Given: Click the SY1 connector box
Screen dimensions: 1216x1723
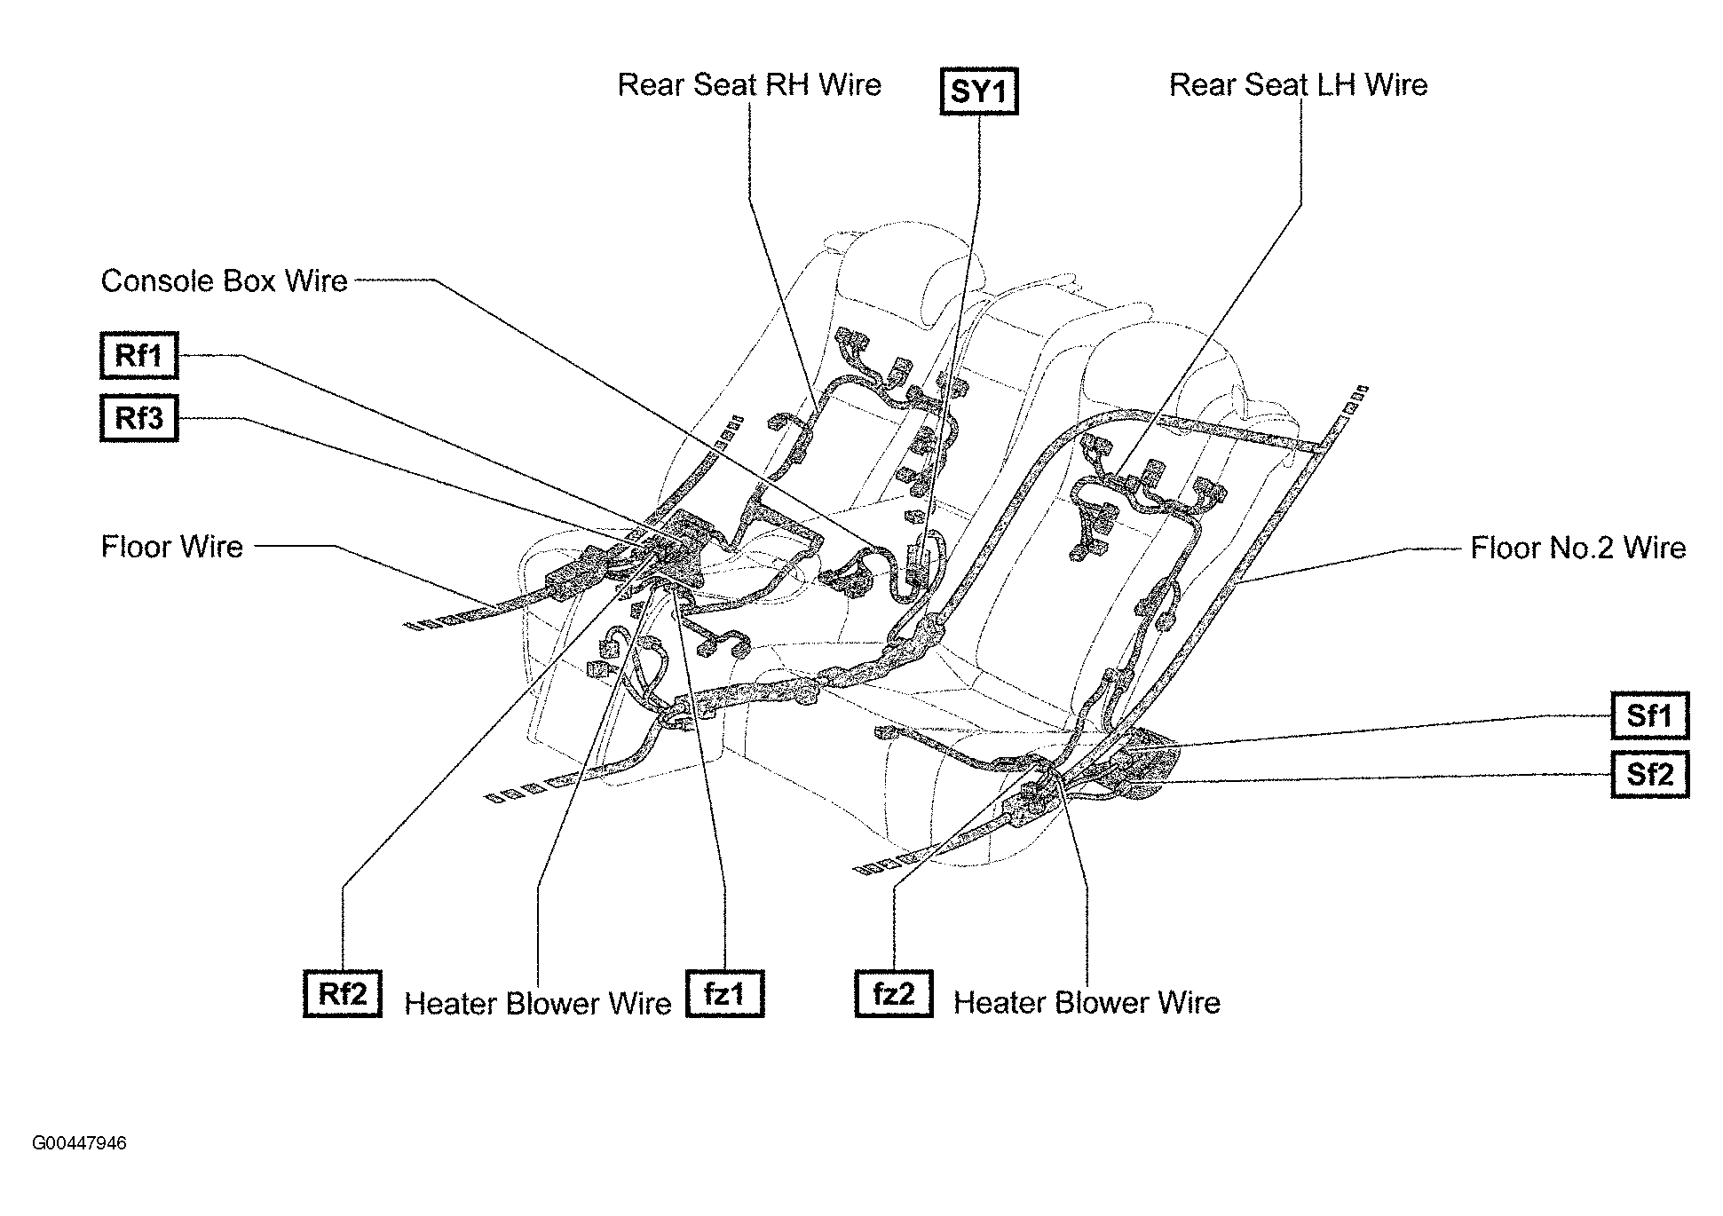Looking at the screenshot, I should (978, 92).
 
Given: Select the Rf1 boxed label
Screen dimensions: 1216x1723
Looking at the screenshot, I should (139, 355).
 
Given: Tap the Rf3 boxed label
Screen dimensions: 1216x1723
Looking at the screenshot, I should (139, 417).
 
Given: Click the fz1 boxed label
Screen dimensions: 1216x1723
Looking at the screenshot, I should (724, 993).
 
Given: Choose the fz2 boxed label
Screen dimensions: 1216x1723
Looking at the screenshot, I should (893, 993).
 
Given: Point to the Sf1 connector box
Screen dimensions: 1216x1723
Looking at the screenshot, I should (1649, 715).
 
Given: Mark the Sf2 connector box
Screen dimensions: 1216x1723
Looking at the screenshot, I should (1649, 774).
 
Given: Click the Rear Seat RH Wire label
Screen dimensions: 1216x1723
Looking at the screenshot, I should (749, 85).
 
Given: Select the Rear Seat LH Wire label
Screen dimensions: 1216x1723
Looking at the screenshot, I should (1298, 85).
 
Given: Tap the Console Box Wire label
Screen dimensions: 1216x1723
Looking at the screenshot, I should (224, 281).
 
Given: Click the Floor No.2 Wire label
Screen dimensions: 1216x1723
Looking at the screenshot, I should (1577, 548).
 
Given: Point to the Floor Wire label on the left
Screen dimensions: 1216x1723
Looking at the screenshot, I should (172, 547).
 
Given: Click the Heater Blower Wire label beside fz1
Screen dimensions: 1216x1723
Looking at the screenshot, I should (537, 1004).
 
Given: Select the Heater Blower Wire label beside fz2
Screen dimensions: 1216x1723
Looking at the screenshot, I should (1087, 1003).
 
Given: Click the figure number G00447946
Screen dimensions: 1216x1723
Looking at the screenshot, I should (80, 1143).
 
